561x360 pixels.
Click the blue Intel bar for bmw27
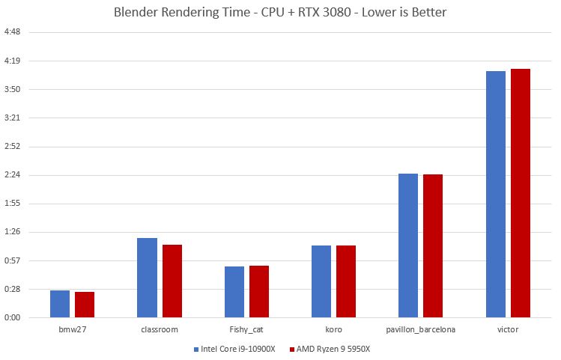tap(60, 304)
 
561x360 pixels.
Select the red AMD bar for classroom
tap(172, 281)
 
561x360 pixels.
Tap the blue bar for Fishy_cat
tap(234, 292)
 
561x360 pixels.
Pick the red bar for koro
tap(346, 281)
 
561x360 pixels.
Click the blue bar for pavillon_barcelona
tap(408, 245)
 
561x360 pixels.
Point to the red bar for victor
tap(521, 193)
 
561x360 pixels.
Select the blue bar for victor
tap(496, 194)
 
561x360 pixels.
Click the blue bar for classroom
tap(147, 278)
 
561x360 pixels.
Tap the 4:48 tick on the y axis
tap(13, 32)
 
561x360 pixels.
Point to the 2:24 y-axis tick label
tap(13, 175)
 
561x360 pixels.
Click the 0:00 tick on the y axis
tap(13, 317)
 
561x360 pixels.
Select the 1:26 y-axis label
tap(13, 232)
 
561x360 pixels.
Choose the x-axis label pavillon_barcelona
tap(421, 329)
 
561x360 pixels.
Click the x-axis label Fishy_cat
tap(246, 329)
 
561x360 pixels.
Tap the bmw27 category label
tap(73, 329)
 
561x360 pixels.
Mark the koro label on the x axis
tap(334, 329)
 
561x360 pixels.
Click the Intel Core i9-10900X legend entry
tap(234, 349)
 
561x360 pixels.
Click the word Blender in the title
tap(136, 12)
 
